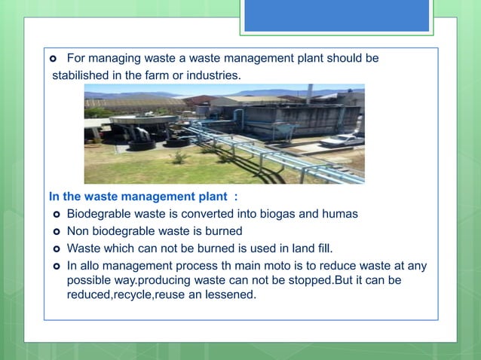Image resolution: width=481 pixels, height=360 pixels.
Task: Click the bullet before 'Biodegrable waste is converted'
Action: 56,215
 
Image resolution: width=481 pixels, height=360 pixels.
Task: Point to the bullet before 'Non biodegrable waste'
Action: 56,231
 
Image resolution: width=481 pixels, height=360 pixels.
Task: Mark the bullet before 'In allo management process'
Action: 56,266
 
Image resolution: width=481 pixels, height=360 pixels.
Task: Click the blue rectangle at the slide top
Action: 336,15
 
